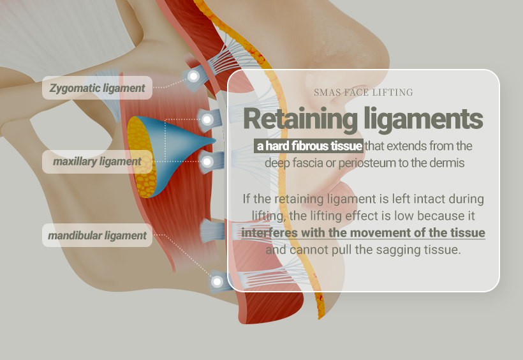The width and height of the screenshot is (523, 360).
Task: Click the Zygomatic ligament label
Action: pos(98,88)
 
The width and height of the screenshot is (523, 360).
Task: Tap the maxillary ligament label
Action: pos(97,161)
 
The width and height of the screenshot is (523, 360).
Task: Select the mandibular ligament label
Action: pos(97,236)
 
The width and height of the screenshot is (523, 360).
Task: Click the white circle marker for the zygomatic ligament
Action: pos(193,76)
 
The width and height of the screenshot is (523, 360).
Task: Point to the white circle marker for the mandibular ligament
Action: pos(217,281)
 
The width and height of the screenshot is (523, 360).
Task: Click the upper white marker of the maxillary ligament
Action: pos(207,119)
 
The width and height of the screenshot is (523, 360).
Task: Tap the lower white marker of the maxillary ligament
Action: pos(206,162)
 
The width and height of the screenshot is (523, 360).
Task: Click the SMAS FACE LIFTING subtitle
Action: pos(363,93)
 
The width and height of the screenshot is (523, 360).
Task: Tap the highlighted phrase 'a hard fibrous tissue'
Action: pos(309,146)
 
